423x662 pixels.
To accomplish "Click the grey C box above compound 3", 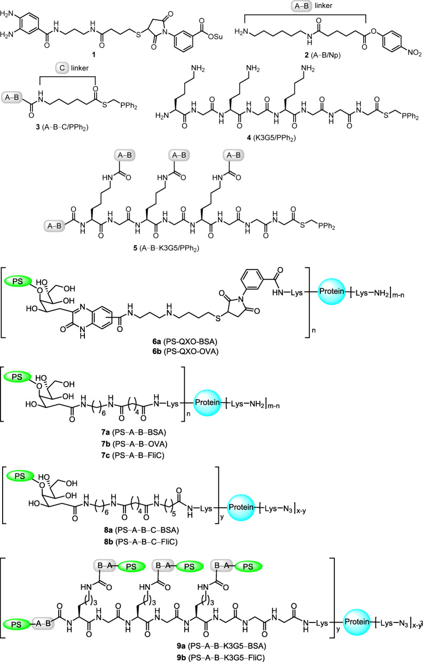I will pos(62,69).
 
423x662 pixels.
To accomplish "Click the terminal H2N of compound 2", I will pos(247,33).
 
